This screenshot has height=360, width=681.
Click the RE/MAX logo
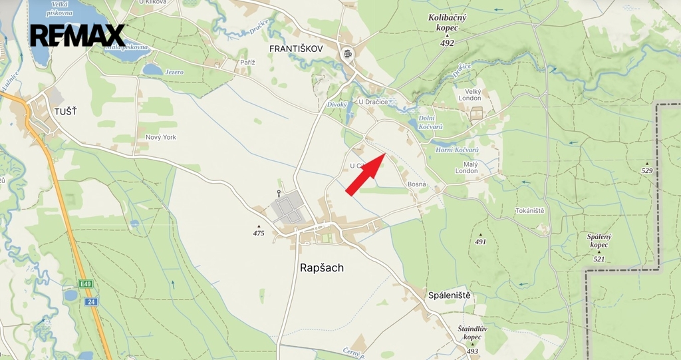click(78, 35)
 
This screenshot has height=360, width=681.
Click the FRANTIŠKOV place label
click(296, 49)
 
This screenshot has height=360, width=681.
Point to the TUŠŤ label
click(66, 111)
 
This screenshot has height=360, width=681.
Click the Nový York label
click(161, 137)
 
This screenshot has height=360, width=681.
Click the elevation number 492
click(447, 43)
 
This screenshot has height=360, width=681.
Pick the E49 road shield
click(85, 284)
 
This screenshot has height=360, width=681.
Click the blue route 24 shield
click(91, 301)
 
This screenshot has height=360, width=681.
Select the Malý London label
click(466, 166)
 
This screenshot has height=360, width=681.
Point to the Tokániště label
click(529, 211)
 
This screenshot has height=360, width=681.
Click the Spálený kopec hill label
click(599, 240)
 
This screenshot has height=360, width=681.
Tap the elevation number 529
click(647, 171)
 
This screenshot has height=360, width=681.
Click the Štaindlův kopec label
click(473, 333)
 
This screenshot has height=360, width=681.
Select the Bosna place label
click(417, 184)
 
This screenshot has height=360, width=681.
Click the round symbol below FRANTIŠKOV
click(346, 54)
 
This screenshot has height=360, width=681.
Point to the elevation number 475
click(259, 233)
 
